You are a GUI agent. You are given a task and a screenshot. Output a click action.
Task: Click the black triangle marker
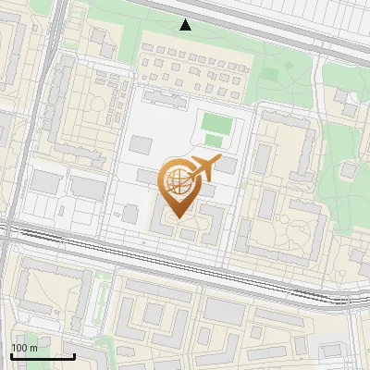pyautogui.click(x=186, y=25)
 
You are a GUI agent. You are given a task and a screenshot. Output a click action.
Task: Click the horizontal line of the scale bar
pyautogui.click(x=43, y=356)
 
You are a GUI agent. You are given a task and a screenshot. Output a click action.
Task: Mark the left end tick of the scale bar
pyautogui.click(x=11, y=355)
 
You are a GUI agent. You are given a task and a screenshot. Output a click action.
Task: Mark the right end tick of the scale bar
pyautogui.click(x=74, y=355)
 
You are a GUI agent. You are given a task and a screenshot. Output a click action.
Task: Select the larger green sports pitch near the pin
pyautogui.click(x=216, y=122)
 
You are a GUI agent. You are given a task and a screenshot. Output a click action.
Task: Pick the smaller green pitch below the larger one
pyautogui.click(x=214, y=141)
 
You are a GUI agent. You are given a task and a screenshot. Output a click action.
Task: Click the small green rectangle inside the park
pyautogui.click(x=269, y=72)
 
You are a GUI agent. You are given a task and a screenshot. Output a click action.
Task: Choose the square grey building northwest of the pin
pyautogui.click(x=141, y=144)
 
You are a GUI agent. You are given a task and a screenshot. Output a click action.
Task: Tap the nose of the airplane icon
pyautogui.click(x=220, y=161)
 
